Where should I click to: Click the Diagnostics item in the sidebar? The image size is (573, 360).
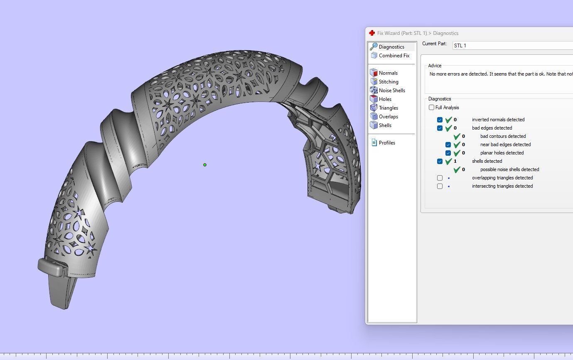click(x=391, y=47)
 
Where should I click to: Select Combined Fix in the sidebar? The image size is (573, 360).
click(x=393, y=56)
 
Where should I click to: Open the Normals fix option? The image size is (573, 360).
click(x=388, y=73)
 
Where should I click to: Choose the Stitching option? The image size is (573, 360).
click(x=388, y=82)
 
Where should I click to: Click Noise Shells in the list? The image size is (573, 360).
click(x=391, y=91)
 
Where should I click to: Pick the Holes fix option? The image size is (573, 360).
click(x=385, y=99)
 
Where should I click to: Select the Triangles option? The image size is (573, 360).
click(x=388, y=108)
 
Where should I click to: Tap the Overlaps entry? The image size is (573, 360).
click(x=388, y=117)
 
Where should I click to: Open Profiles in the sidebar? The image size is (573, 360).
click(x=386, y=143)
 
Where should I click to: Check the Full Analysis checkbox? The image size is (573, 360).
click(x=432, y=108)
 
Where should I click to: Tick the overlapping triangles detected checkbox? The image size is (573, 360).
click(x=440, y=178)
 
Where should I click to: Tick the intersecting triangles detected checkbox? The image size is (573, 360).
click(x=440, y=186)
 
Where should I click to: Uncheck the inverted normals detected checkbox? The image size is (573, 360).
click(x=440, y=120)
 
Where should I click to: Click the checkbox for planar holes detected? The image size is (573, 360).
click(x=448, y=153)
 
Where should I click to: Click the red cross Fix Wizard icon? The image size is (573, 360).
click(x=372, y=33)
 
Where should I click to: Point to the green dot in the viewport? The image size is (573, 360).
click(x=205, y=165)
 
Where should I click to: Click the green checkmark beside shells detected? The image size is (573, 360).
click(x=448, y=161)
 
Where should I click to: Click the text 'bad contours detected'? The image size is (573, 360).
click(x=503, y=136)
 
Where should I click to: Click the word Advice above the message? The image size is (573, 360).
click(x=435, y=66)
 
